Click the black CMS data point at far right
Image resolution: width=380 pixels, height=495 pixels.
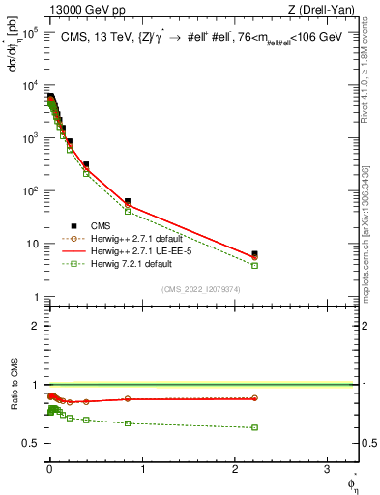(254, 254)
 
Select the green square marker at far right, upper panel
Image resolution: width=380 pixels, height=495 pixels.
(254, 265)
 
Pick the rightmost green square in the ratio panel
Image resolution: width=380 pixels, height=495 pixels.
(254, 427)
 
